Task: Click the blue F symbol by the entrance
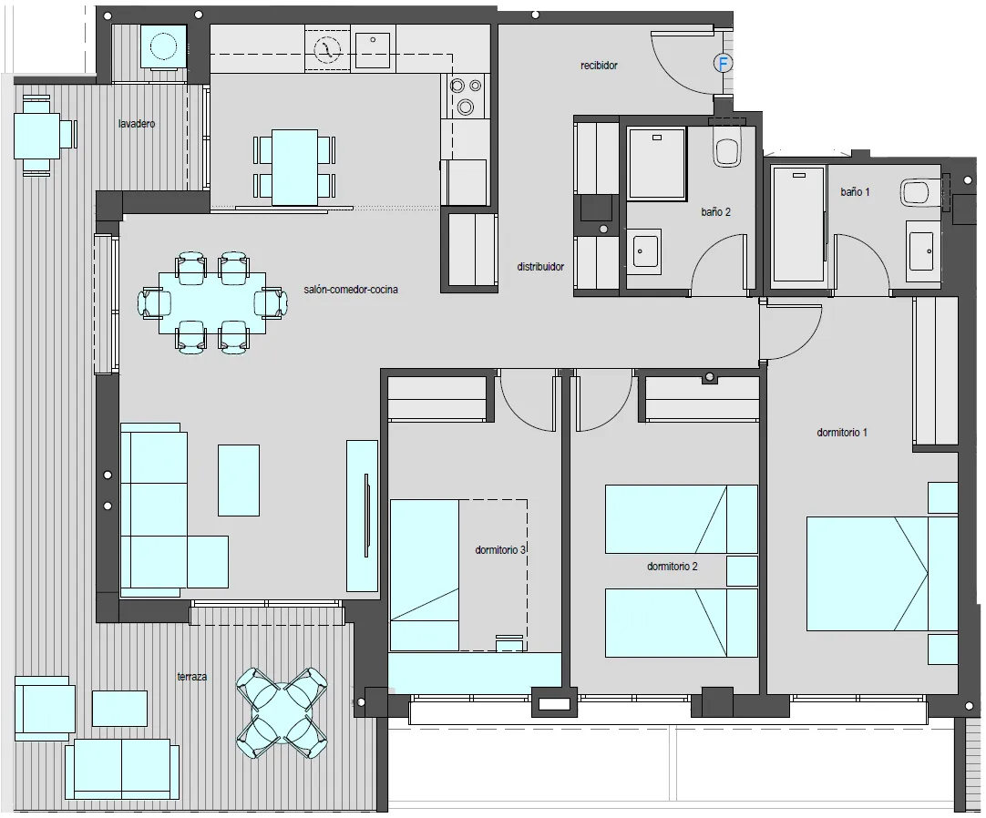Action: click(x=724, y=63)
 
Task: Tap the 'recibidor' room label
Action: click(x=599, y=66)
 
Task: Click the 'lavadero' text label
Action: click(x=137, y=124)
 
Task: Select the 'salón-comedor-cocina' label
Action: click(x=351, y=290)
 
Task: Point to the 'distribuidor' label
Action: click(x=540, y=267)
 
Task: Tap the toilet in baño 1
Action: click(x=921, y=192)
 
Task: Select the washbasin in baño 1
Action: click(x=922, y=251)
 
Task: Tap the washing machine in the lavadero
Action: click(x=163, y=47)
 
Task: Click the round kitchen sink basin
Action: click(x=327, y=50)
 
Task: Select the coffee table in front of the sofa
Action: click(x=239, y=480)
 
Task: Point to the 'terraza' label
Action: click(x=191, y=677)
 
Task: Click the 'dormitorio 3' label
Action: click(x=500, y=550)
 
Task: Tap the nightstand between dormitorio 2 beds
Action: click(x=742, y=570)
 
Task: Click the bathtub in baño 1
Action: click(x=798, y=224)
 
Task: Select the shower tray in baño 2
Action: click(x=656, y=164)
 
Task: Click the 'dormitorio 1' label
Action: click(x=842, y=433)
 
